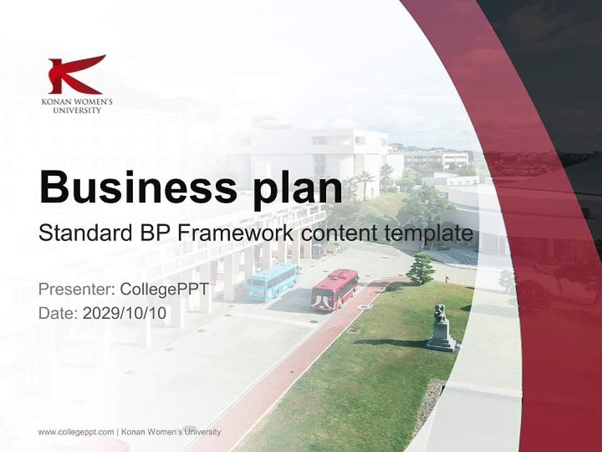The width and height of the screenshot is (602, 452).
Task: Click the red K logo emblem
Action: (76, 74)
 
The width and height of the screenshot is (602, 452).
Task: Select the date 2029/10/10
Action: (125, 313)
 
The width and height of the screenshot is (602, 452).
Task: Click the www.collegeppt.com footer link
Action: (76, 432)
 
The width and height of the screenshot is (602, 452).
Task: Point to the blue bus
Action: (272, 282)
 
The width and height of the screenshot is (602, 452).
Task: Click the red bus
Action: (335, 289)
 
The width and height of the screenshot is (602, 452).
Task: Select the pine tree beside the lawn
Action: (420, 269)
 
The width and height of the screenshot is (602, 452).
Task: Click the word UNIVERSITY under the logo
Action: (77, 110)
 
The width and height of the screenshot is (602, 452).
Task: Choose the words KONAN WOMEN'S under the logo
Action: (77, 102)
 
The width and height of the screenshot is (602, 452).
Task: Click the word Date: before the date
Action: (58, 313)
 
